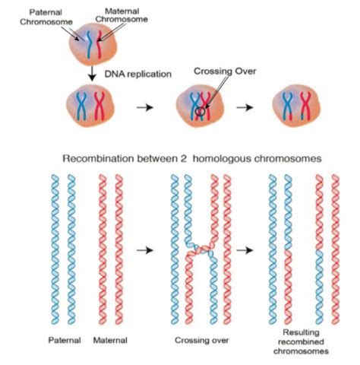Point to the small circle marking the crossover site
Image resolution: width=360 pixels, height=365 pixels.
(198, 112)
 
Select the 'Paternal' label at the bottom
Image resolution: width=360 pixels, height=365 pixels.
(65, 340)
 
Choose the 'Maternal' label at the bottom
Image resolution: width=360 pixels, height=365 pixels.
(110, 340)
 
